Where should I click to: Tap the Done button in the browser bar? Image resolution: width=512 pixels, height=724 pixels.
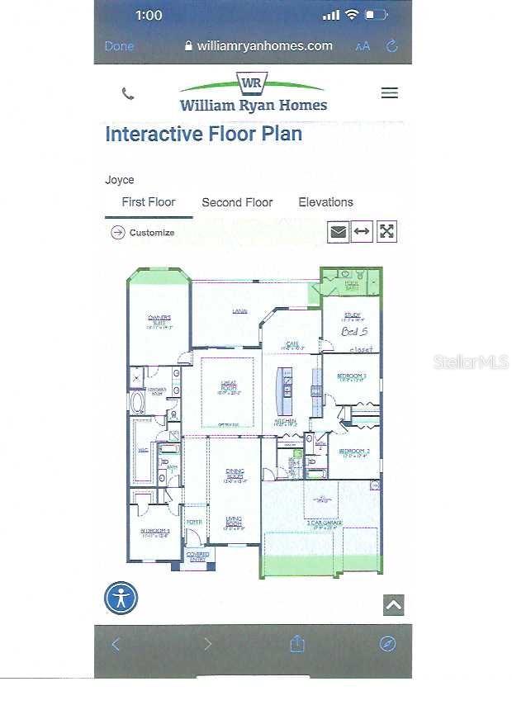click(x=119, y=46)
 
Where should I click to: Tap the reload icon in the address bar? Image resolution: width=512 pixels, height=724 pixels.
click(x=392, y=46)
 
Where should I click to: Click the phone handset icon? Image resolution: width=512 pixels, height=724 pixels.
click(x=128, y=93)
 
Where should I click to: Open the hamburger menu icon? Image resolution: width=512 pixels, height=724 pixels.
click(x=390, y=93)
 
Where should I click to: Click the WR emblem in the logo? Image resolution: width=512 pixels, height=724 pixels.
click(x=252, y=83)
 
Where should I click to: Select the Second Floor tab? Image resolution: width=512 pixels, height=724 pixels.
click(x=237, y=202)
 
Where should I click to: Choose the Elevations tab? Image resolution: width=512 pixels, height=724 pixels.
click(x=325, y=202)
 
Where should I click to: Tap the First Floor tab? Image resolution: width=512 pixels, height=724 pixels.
click(x=149, y=202)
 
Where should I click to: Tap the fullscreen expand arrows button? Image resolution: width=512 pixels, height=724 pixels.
click(x=386, y=232)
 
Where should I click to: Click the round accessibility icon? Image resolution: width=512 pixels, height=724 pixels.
click(x=121, y=599)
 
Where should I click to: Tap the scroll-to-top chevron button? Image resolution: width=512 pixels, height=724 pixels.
click(x=394, y=605)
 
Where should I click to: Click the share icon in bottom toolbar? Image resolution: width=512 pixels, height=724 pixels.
click(x=297, y=645)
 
